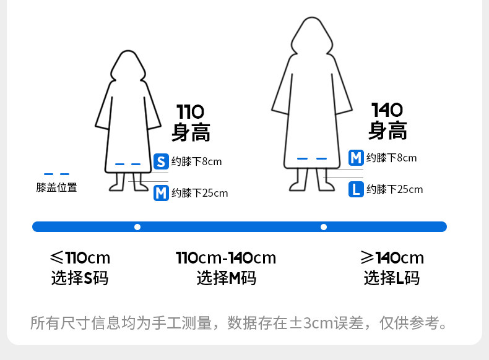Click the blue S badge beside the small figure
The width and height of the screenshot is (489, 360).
click(161, 162)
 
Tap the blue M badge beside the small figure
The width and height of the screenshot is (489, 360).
click(161, 193)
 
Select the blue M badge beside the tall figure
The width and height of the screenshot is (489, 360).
click(356, 158)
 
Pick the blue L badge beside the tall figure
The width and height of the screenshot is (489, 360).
click(356, 189)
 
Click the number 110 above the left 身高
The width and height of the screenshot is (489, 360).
click(190, 112)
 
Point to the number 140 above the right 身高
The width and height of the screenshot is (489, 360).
click(387, 110)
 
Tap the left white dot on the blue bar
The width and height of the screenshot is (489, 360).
click(137, 227)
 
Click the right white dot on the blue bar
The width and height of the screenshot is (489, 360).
click(323, 227)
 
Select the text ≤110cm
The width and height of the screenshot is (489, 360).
click(80, 258)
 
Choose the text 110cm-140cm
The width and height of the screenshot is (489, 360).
click(226, 258)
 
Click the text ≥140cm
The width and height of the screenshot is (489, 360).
click(392, 258)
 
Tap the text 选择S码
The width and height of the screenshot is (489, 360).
click(80, 278)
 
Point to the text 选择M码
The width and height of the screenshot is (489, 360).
click(226, 278)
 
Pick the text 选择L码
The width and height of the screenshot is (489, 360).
click(392, 278)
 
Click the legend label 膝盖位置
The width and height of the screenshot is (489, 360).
click(57, 187)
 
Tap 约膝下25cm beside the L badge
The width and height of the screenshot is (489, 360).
click(395, 189)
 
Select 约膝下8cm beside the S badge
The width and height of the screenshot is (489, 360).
click(196, 162)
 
